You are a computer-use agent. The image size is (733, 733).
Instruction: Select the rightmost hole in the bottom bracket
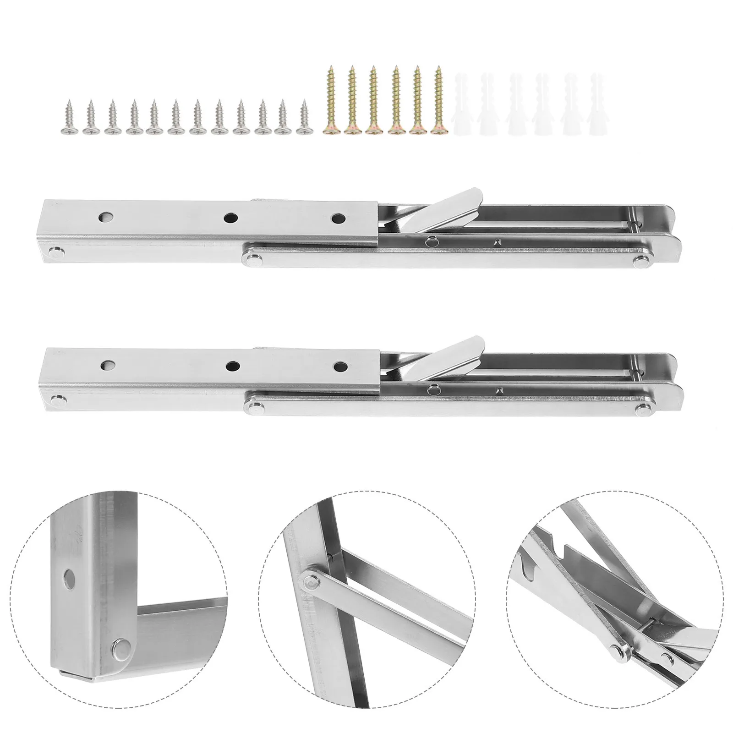(339, 366)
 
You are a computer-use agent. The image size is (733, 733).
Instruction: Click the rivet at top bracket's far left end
(56, 250)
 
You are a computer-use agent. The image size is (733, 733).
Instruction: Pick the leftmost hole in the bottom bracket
(109, 365)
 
